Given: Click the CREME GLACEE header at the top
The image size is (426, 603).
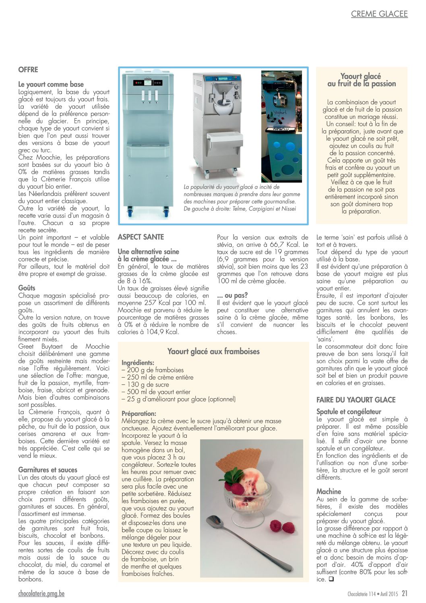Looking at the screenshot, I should (x=379, y=14).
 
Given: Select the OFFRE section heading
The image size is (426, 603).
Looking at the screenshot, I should (x=28, y=70).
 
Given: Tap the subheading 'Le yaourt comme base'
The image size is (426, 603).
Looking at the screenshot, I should (x=51, y=84).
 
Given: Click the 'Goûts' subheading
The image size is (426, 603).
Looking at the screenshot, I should (x=27, y=288).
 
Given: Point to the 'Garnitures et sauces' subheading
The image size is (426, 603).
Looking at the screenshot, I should (x=48, y=470).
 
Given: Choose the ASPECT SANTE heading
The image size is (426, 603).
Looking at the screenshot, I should (x=141, y=237).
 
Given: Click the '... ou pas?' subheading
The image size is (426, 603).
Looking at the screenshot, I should (x=232, y=295).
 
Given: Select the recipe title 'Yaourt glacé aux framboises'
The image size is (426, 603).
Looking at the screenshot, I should (x=213, y=351).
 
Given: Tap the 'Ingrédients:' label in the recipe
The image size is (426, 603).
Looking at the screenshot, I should (x=138, y=363).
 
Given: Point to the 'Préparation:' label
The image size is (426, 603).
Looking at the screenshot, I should (x=139, y=414).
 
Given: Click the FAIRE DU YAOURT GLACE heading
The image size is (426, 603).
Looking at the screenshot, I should (x=356, y=400).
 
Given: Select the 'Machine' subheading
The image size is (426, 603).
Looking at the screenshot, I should (x=329, y=491).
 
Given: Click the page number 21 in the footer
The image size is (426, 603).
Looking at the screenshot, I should (x=404, y=593).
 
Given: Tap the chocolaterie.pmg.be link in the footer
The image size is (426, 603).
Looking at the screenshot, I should (x=41, y=593).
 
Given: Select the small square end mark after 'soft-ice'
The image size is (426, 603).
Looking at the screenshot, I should (x=331, y=579).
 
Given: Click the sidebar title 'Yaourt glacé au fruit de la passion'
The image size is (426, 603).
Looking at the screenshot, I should (x=361, y=80).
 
